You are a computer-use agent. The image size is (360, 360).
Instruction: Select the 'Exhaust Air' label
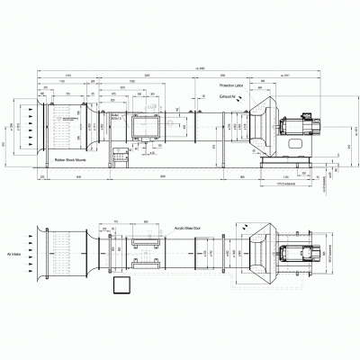230,94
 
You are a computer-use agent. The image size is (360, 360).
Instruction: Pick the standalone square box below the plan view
121,285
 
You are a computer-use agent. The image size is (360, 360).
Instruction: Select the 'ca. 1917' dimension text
287,77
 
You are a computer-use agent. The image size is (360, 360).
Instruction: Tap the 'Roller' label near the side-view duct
114,116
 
